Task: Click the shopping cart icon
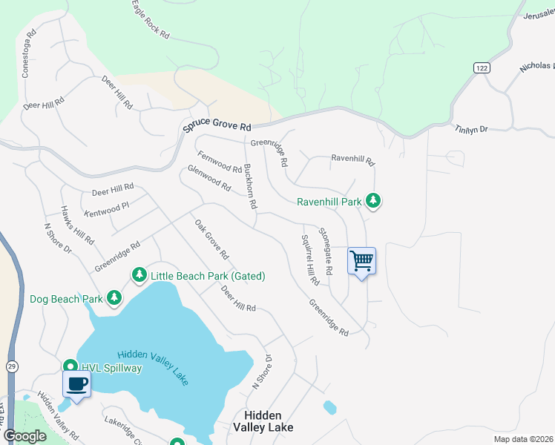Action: pos(361,261)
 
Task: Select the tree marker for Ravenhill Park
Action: pos(373,201)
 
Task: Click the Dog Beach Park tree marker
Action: pos(114,298)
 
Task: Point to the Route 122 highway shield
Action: pos(482,67)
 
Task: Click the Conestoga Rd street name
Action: pos(28,54)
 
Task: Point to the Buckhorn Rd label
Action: pos(250,185)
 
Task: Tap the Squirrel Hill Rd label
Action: pos(310,260)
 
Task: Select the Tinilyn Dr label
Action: pos(471,128)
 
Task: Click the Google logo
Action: pos(24,436)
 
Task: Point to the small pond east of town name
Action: pos(329,406)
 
